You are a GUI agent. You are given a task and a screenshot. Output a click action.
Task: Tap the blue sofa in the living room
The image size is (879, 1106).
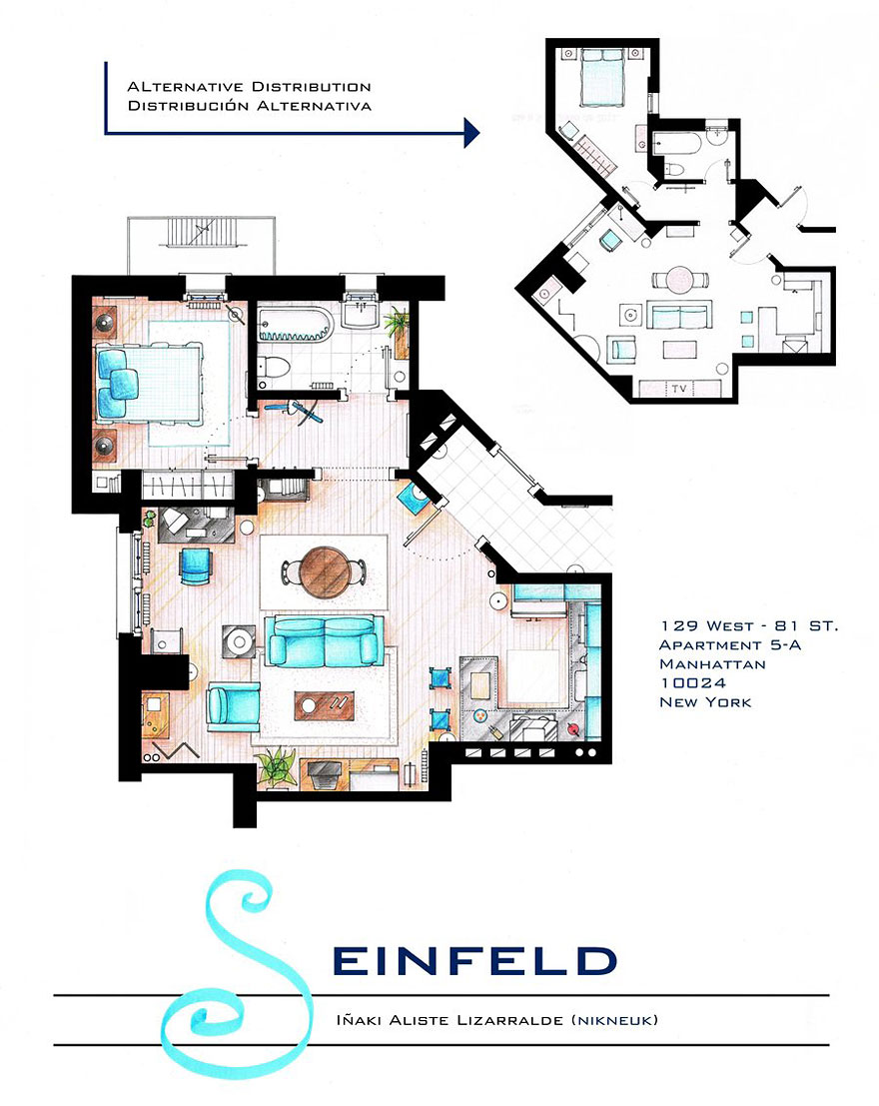(x=323, y=640)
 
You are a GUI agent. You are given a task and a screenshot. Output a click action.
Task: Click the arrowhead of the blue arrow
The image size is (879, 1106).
(x=472, y=131)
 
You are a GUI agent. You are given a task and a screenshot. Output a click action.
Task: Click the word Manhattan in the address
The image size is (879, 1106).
(x=711, y=663)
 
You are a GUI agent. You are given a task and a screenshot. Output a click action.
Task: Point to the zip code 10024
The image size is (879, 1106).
(x=690, y=682)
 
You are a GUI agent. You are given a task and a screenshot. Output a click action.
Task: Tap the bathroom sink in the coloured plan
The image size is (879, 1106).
(x=359, y=317)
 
